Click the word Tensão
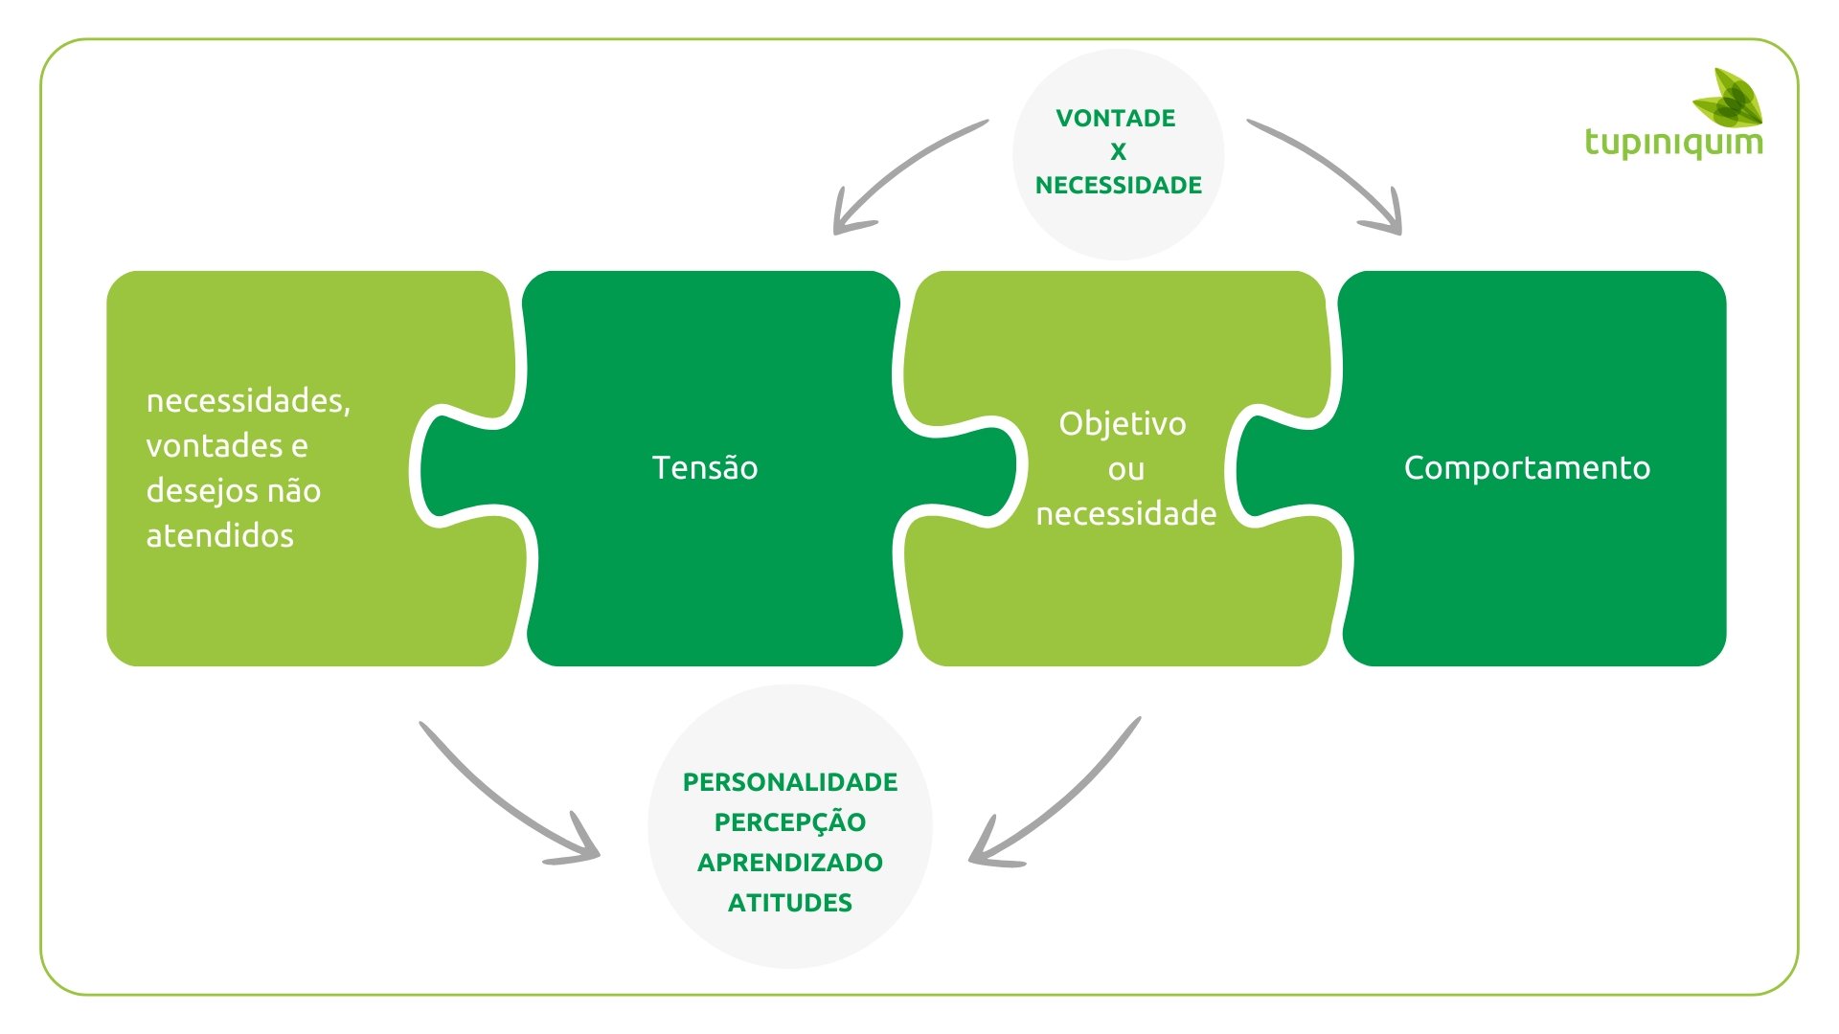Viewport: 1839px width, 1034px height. click(705, 468)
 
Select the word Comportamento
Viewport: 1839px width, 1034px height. click(1527, 468)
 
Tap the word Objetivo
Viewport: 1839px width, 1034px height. click(1123, 423)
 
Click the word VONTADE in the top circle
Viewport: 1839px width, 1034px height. click(1116, 119)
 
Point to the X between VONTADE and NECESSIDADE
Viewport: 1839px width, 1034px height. click(1118, 152)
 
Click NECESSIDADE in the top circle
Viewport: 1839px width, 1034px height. click(1118, 186)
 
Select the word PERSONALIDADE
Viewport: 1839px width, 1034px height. click(790, 782)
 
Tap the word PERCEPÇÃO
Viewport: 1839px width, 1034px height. click(790, 822)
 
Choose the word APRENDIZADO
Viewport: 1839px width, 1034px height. click(790, 863)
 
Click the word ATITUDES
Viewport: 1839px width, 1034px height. click(790, 903)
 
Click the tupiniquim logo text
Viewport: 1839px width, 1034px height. click(1673, 143)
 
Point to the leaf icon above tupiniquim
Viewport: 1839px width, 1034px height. click(1730, 98)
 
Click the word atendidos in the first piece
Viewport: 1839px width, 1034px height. click(219, 536)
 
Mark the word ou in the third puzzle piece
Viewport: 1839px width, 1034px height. click(1126, 469)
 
